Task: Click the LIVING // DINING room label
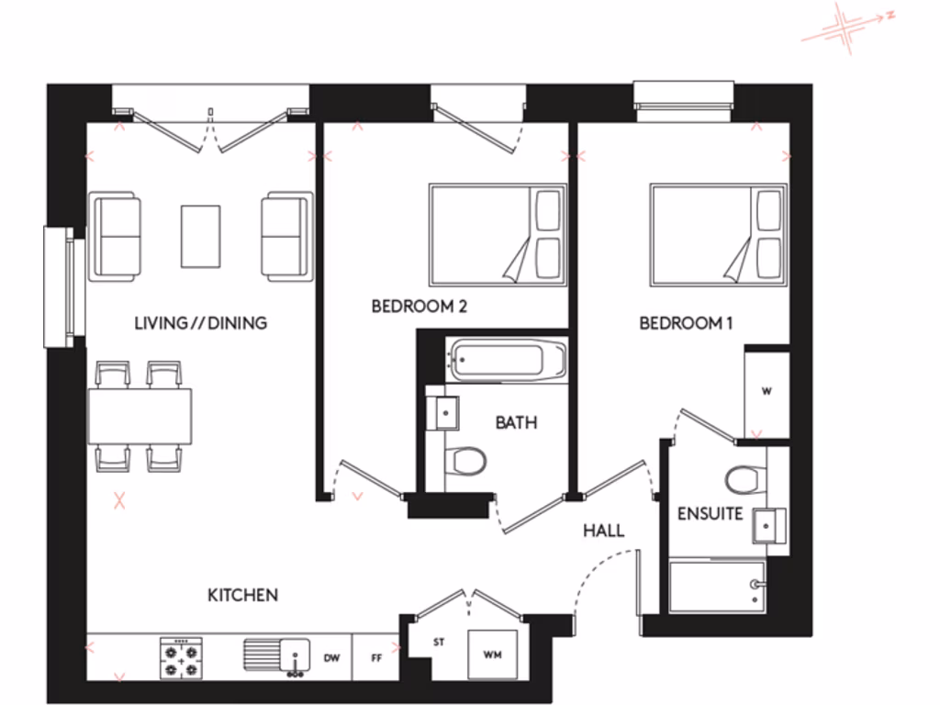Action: (x=200, y=323)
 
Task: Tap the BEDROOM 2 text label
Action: (x=419, y=307)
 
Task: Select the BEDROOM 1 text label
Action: (x=687, y=323)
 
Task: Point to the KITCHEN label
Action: (x=242, y=596)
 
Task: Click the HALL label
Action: (x=604, y=531)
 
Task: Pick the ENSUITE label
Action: (x=710, y=514)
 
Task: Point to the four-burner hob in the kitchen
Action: (x=181, y=658)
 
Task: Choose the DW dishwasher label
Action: (x=332, y=659)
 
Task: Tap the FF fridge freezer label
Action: (x=375, y=659)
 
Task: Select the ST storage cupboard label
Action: (x=439, y=642)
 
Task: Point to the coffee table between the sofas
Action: (x=200, y=236)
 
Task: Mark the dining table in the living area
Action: (x=140, y=417)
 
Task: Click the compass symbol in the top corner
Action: (x=845, y=25)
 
